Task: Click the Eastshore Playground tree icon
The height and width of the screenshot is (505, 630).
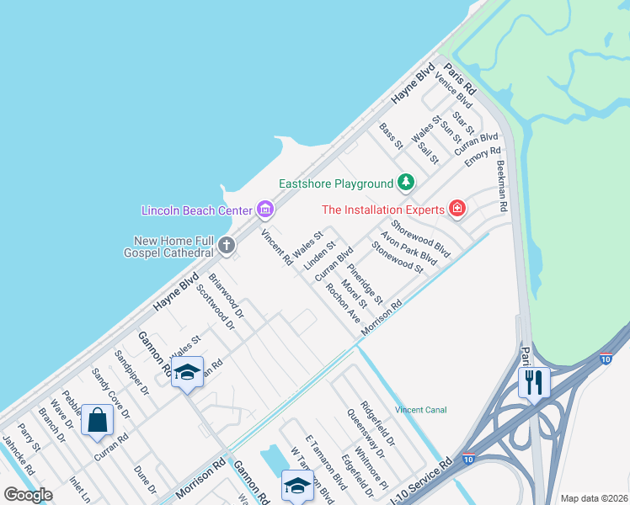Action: tap(406, 183)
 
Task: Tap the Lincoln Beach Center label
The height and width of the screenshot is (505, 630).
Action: tap(197, 209)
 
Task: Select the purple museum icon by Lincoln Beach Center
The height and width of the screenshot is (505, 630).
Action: tap(264, 209)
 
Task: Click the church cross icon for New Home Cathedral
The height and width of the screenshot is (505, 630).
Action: tap(226, 246)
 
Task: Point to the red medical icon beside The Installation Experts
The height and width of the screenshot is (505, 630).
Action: tap(456, 208)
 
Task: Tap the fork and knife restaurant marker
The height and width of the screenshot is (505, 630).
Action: tap(534, 382)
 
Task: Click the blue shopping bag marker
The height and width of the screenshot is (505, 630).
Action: tap(97, 420)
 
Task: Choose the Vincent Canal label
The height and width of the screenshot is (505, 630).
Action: tap(420, 410)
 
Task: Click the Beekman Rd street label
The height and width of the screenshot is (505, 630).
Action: tap(502, 186)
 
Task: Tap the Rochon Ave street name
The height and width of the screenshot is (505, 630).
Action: tap(344, 303)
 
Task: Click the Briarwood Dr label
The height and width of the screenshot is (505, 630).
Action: tap(226, 295)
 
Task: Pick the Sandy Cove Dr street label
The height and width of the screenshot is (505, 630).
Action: tap(111, 393)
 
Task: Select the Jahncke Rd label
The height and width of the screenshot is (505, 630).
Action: tap(18, 455)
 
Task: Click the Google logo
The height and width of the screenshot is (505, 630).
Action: tap(29, 495)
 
